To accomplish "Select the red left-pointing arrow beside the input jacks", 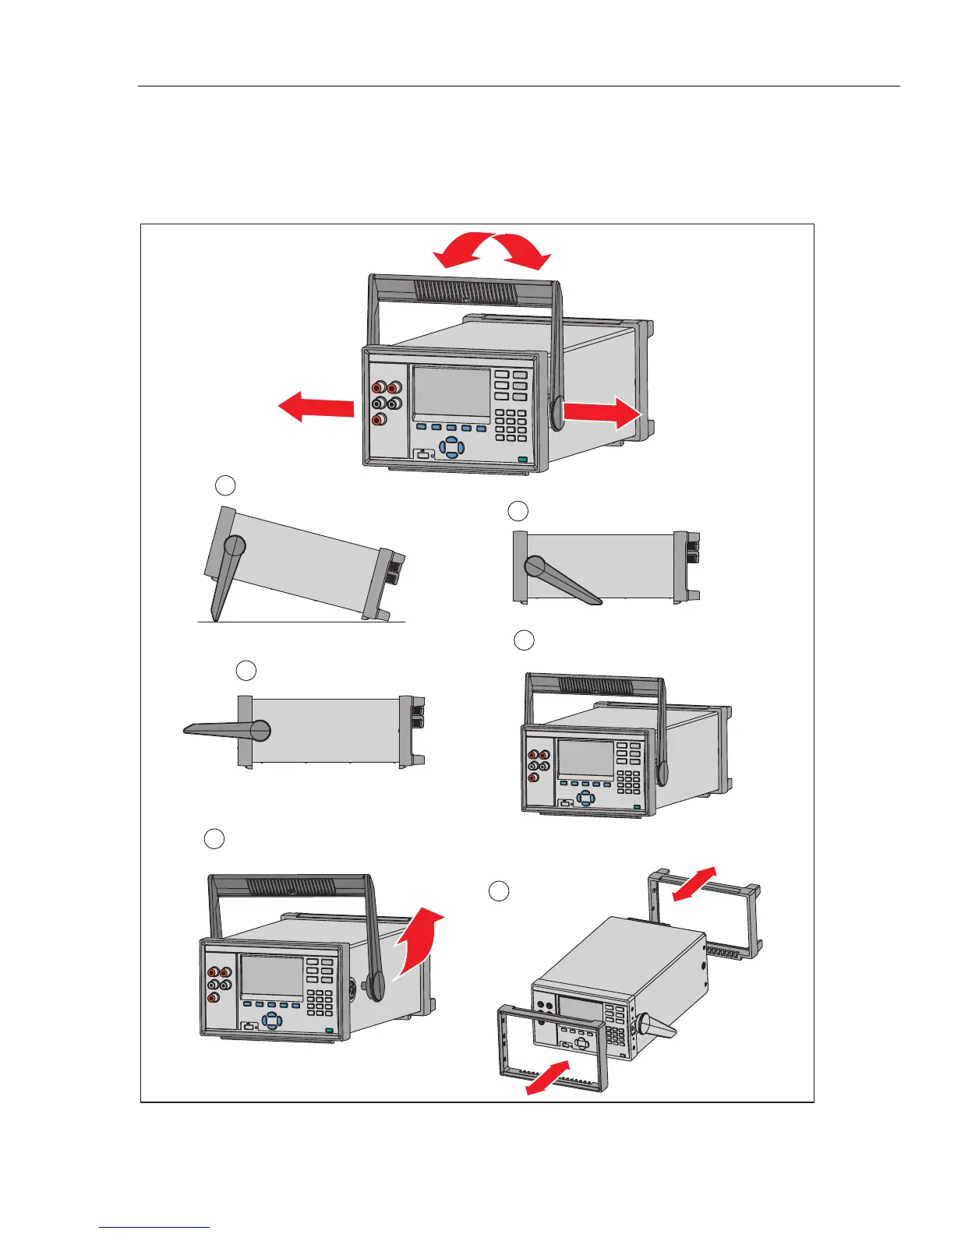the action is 316,407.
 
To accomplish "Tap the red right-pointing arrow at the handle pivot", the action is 602,412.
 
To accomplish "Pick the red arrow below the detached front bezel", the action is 549,1078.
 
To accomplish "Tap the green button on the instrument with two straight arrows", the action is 521,460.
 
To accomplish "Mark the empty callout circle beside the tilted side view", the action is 224,485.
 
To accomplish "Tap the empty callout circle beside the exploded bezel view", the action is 500,892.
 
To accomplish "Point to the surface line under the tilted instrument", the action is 300,622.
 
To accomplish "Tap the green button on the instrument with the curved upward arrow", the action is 329,1031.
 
